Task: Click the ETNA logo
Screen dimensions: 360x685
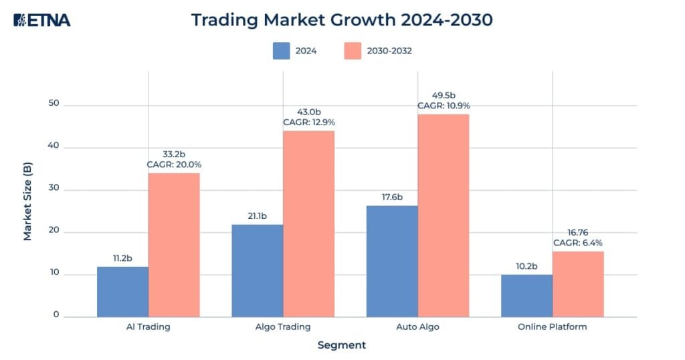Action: click(41, 20)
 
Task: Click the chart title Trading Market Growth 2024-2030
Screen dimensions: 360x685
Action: click(342, 20)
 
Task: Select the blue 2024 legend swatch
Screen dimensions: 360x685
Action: click(282, 51)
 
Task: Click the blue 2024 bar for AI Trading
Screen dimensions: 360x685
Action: click(122, 292)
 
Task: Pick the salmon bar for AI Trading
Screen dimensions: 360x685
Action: click(174, 245)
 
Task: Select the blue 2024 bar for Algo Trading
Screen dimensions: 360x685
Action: click(257, 270)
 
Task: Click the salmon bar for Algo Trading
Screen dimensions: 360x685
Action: click(308, 223)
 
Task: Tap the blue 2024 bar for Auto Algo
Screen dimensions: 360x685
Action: click(392, 261)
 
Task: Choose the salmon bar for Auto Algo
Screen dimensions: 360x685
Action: click(444, 215)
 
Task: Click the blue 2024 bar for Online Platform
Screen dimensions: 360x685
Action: click(526, 295)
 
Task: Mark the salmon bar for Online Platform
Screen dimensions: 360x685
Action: click(578, 284)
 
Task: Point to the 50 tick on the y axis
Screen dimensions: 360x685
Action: click(54, 104)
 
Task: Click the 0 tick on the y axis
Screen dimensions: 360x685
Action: click(56, 314)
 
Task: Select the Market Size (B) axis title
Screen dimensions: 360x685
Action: click(27, 201)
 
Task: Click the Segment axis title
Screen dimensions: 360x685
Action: click(341, 345)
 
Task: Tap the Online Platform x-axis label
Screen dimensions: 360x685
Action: click(552, 327)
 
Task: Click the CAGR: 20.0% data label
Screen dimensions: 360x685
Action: click(174, 164)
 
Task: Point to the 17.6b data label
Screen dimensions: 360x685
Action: click(392, 197)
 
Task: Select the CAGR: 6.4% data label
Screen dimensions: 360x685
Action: click(578, 243)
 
